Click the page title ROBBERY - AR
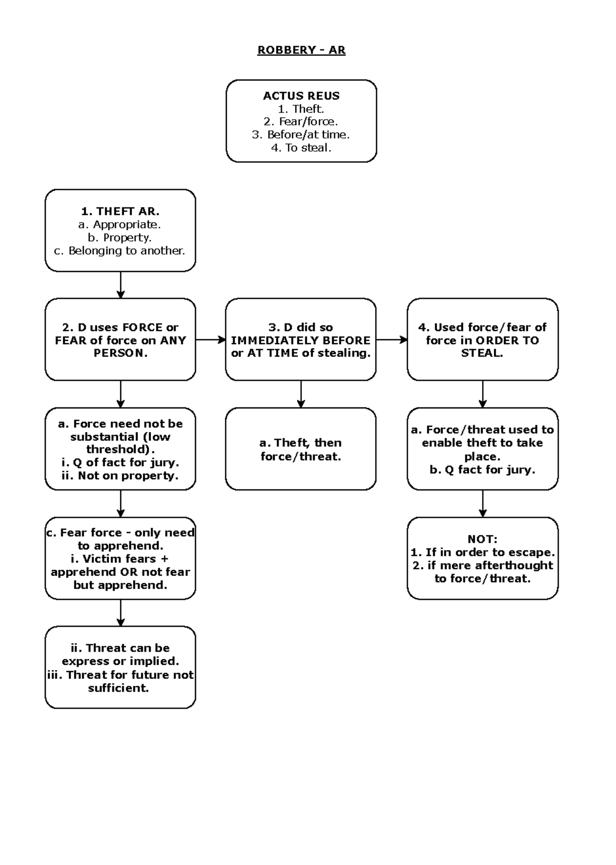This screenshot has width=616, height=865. pyautogui.click(x=301, y=50)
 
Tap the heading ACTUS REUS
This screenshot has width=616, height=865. pyautogui.click(x=301, y=96)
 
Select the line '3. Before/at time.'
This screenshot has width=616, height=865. pyautogui.click(x=301, y=135)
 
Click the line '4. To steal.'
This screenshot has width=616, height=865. pyautogui.click(x=301, y=148)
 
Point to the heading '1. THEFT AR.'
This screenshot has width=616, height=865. pyautogui.click(x=120, y=211)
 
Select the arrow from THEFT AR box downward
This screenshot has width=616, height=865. pyautogui.click(x=121, y=285)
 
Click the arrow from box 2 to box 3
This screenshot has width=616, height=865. pyautogui.click(x=210, y=340)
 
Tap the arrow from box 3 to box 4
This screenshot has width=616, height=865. pyautogui.click(x=392, y=340)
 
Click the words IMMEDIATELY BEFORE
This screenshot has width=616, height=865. pyautogui.click(x=301, y=340)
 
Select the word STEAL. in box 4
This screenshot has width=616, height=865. pyautogui.click(x=482, y=353)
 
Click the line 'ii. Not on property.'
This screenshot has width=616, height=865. pyautogui.click(x=120, y=476)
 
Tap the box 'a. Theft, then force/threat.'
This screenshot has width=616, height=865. pyautogui.click(x=301, y=449)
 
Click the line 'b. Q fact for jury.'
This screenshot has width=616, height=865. pyautogui.click(x=482, y=470)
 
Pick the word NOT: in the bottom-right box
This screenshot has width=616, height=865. pyautogui.click(x=482, y=539)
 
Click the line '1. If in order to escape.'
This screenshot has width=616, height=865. pyautogui.click(x=483, y=553)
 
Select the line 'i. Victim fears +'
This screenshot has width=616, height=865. pyautogui.click(x=120, y=559)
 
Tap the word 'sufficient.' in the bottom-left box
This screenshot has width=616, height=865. pyautogui.click(x=119, y=689)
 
